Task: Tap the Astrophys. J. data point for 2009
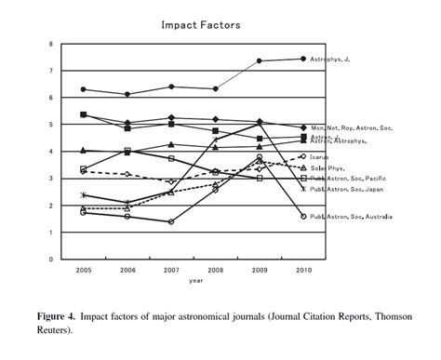point(259,61)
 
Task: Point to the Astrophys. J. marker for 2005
point(84,89)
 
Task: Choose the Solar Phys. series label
point(329,167)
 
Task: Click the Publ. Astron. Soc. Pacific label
point(348,178)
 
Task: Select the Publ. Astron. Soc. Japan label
point(346,189)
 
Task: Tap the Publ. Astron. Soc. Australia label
point(352,217)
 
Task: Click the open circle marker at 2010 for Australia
point(303,217)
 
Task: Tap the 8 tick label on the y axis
point(64,45)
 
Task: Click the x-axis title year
point(194,279)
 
